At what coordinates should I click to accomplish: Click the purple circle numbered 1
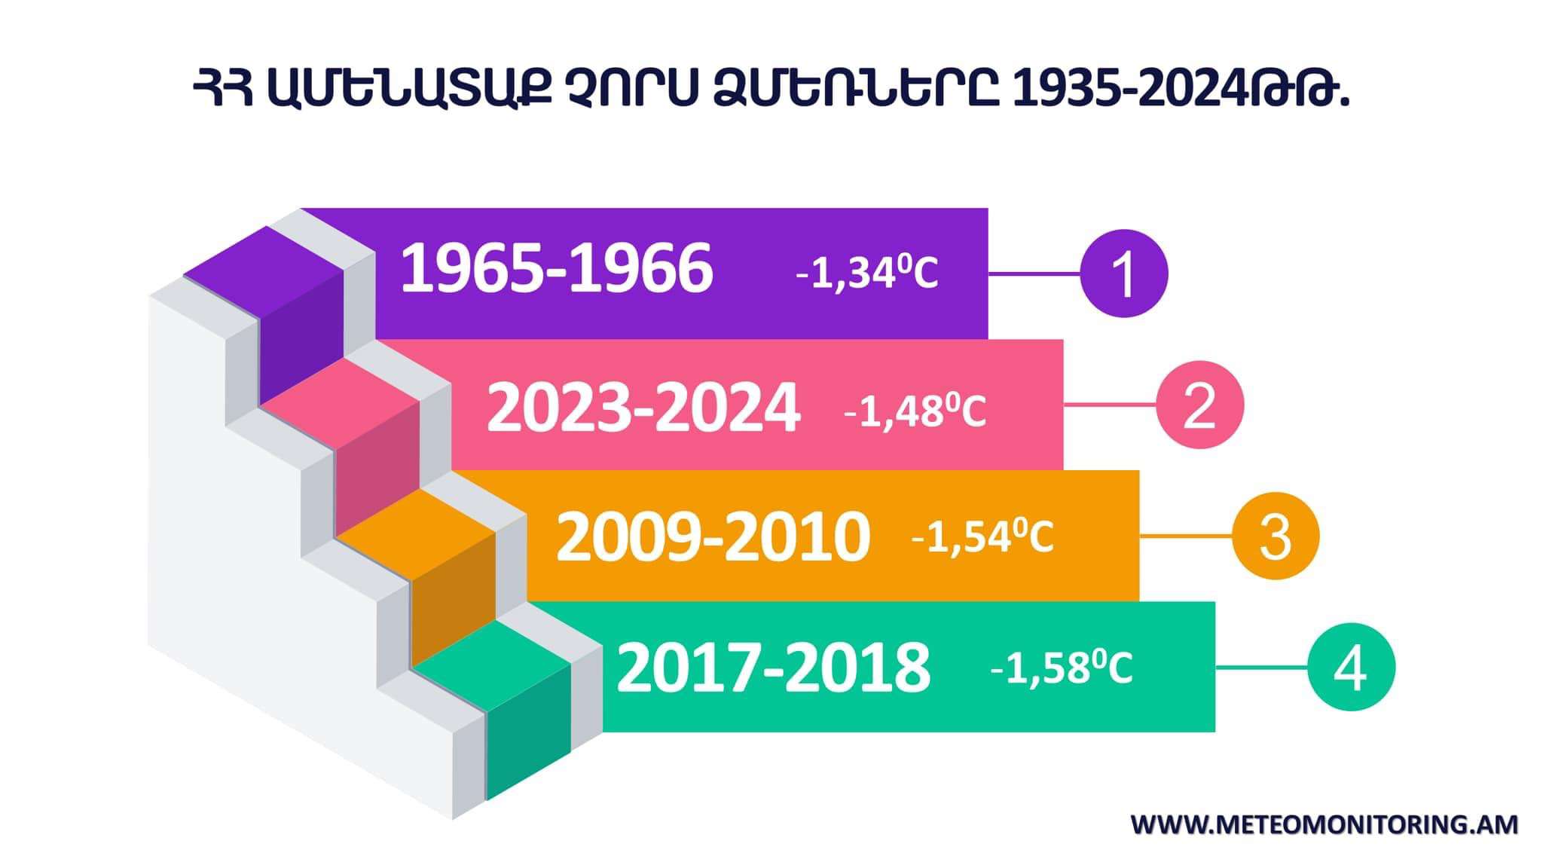(x=1123, y=274)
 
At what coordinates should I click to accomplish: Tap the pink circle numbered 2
(x=1199, y=405)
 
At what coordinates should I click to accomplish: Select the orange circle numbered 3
(x=1276, y=536)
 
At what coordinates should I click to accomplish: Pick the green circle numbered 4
(x=1351, y=667)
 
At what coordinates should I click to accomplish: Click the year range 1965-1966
(x=556, y=269)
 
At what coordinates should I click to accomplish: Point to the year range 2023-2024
(x=643, y=408)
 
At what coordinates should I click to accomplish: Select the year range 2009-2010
(x=713, y=537)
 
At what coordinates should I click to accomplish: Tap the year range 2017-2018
(x=773, y=668)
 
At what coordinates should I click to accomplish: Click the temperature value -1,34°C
(x=867, y=273)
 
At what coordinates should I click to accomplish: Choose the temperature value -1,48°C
(x=915, y=411)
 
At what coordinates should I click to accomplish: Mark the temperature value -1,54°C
(x=982, y=536)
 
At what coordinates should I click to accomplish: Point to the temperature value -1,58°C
(x=1062, y=668)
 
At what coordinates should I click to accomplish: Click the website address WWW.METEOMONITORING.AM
(x=1325, y=824)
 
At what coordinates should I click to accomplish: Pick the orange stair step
(x=416, y=576)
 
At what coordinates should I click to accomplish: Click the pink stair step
(x=340, y=445)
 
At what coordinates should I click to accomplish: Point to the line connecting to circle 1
(x=1034, y=274)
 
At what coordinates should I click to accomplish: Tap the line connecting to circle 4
(x=1262, y=667)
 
